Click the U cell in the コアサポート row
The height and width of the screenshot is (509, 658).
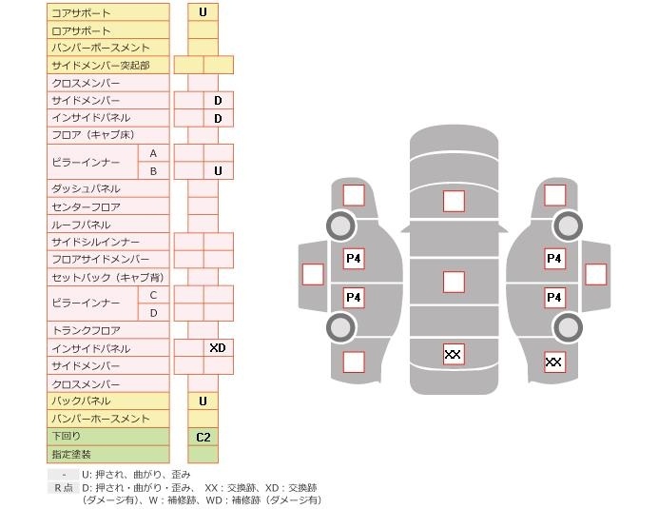(203, 12)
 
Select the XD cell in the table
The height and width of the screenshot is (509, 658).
(218, 348)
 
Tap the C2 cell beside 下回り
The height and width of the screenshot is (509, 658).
(203, 437)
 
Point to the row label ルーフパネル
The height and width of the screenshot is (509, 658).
(81, 225)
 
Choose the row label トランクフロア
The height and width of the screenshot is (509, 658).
(86, 330)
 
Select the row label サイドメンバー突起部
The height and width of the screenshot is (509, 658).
(100, 65)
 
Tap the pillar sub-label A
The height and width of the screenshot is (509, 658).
(153, 153)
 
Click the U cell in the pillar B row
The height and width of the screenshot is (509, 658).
(218, 171)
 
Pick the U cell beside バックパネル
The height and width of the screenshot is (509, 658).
(203, 401)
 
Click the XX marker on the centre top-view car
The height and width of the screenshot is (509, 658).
(454, 354)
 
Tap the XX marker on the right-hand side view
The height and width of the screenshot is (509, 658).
(554, 362)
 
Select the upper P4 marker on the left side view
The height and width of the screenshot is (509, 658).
(354, 258)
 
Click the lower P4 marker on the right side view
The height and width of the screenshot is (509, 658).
(554, 298)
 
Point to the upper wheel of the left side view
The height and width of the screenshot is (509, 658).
(340, 225)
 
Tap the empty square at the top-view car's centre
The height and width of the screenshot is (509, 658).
(454, 282)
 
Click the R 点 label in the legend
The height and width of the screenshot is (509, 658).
(63, 487)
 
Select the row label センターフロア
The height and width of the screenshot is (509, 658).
(86, 206)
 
